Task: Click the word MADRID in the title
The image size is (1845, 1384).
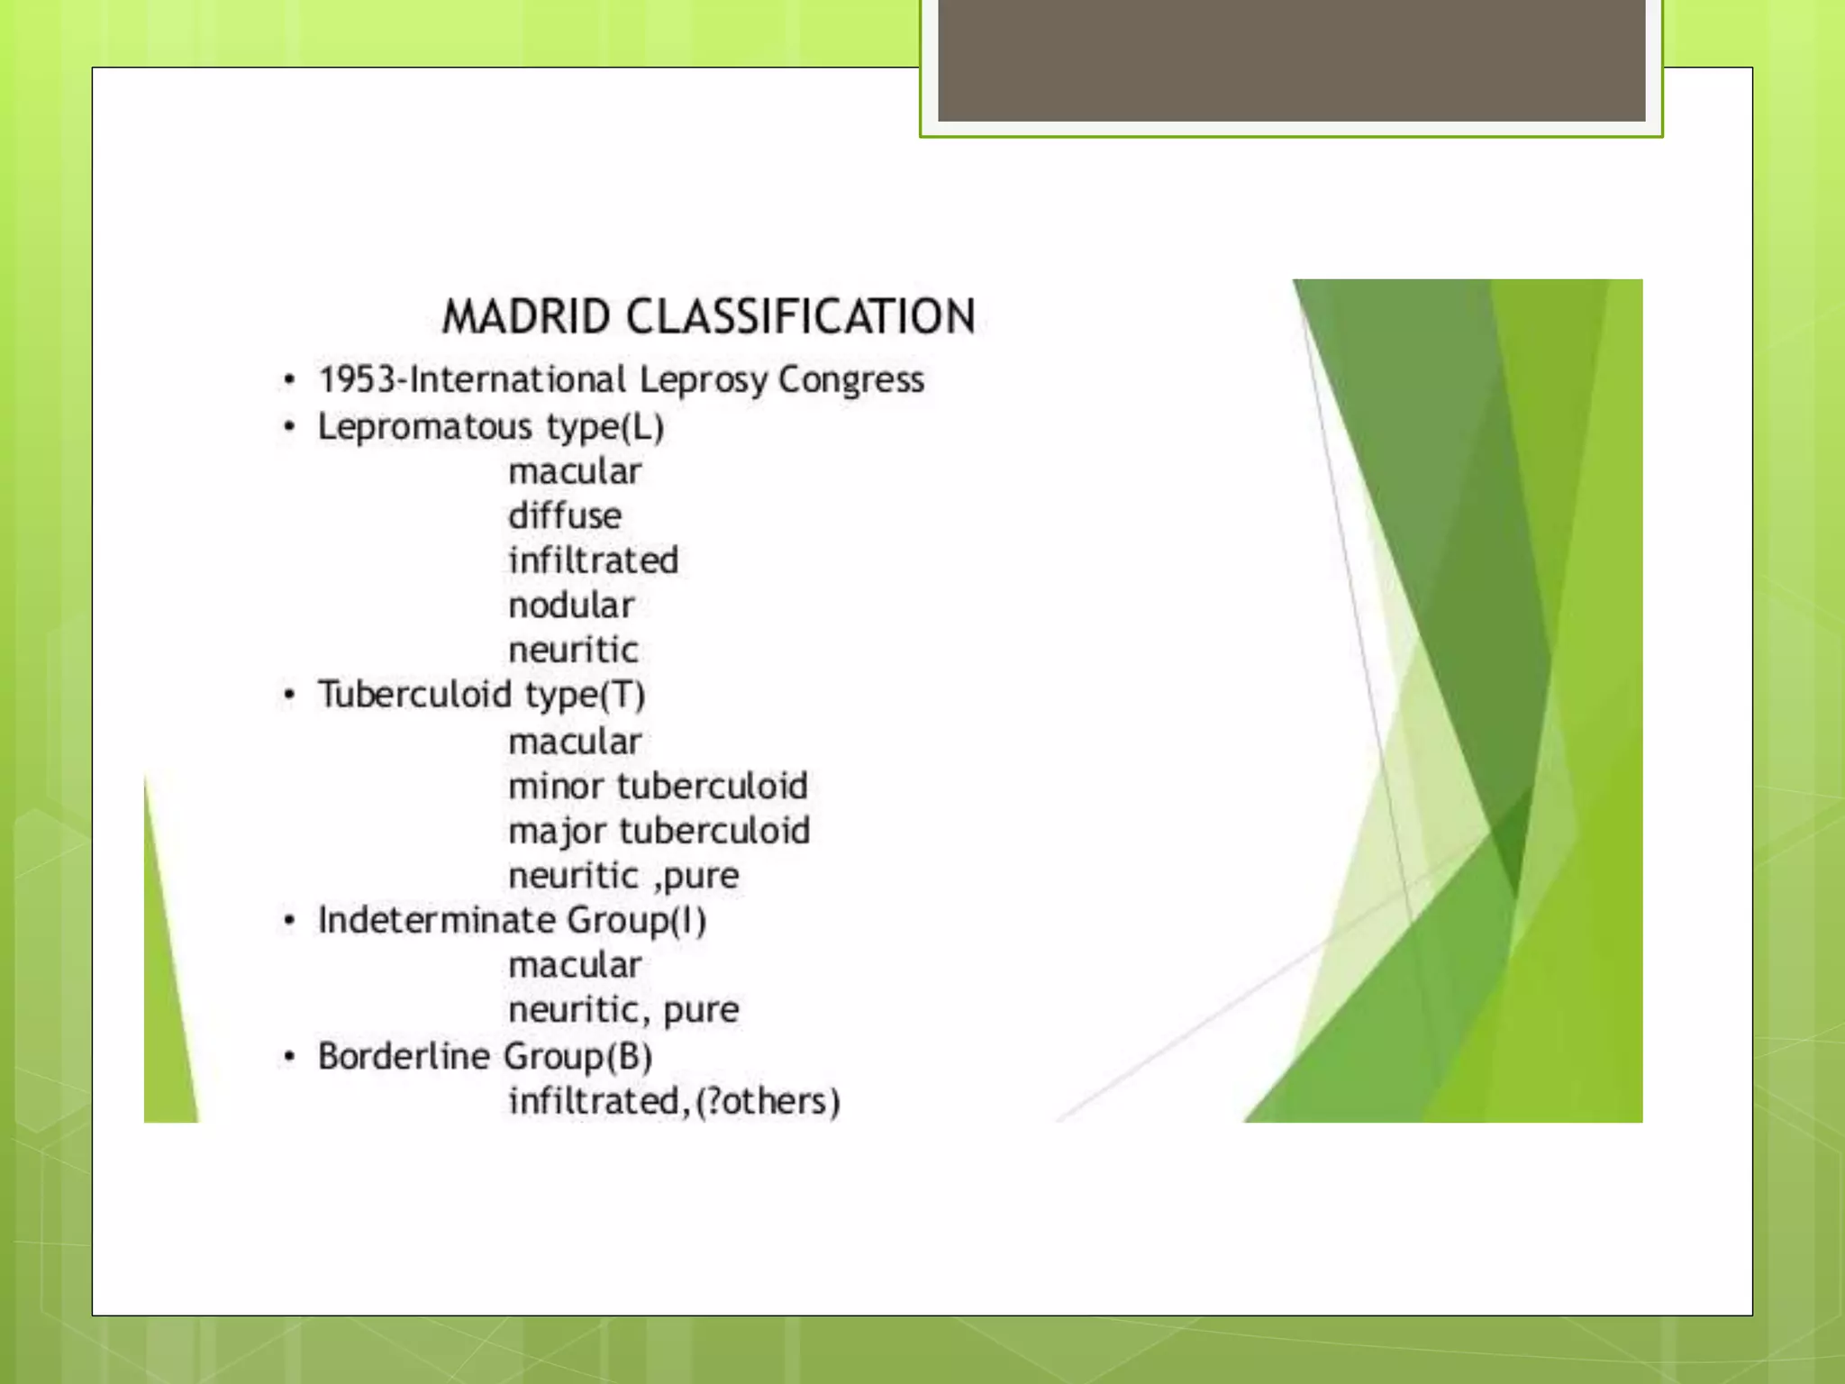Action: coord(526,317)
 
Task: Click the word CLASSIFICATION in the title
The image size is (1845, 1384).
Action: coord(800,317)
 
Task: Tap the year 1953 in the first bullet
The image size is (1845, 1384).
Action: coord(357,379)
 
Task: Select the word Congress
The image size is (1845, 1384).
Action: coord(850,379)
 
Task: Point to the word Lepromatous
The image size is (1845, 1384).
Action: coord(425,426)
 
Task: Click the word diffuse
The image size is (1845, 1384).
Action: coord(565,515)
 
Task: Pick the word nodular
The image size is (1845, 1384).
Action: coord(571,605)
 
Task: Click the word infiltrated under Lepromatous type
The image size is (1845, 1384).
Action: coord(593,560)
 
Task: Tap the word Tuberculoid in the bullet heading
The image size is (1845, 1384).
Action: coord(414,695)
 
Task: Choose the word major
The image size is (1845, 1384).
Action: coord(558,832)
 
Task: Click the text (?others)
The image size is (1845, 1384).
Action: coord(768,1101)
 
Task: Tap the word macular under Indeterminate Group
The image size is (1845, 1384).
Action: coord(575,965)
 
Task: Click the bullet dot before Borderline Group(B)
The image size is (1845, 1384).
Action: coord(289,1056)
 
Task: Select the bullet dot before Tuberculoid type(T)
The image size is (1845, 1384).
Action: coord(289,695)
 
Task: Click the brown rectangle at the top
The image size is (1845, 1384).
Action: coord(1291,59)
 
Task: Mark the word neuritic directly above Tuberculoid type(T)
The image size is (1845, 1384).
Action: coord(573,650)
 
